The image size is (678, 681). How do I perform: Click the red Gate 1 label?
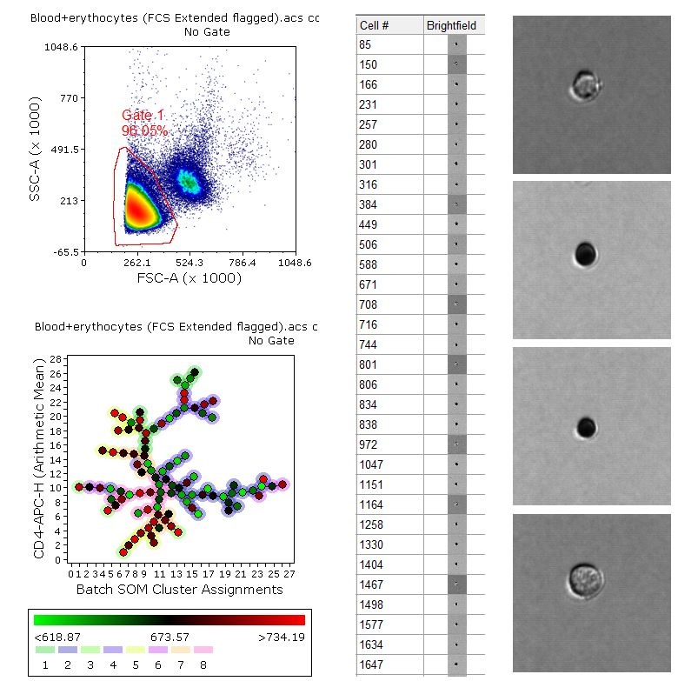click(x=143, y=117)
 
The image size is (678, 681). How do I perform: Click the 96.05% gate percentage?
click(x=144, y=130)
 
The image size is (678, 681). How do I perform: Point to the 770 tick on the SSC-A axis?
click(x=66, y=98)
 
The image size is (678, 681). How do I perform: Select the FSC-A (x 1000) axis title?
click(x=189, y=278)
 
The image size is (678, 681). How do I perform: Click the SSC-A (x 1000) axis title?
click(x=37, y=150)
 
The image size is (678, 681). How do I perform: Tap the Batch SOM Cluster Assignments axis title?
click(x=180, y=590)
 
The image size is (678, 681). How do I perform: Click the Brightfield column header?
click(x=451, y=25)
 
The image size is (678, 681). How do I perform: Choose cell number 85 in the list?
click(x=366, y=44)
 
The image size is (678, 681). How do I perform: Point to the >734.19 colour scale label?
click(x=282, y=637)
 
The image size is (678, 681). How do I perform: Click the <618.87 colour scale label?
click(x=56, y=637)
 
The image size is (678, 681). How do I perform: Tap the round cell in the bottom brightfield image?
click(x=585, y=578)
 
